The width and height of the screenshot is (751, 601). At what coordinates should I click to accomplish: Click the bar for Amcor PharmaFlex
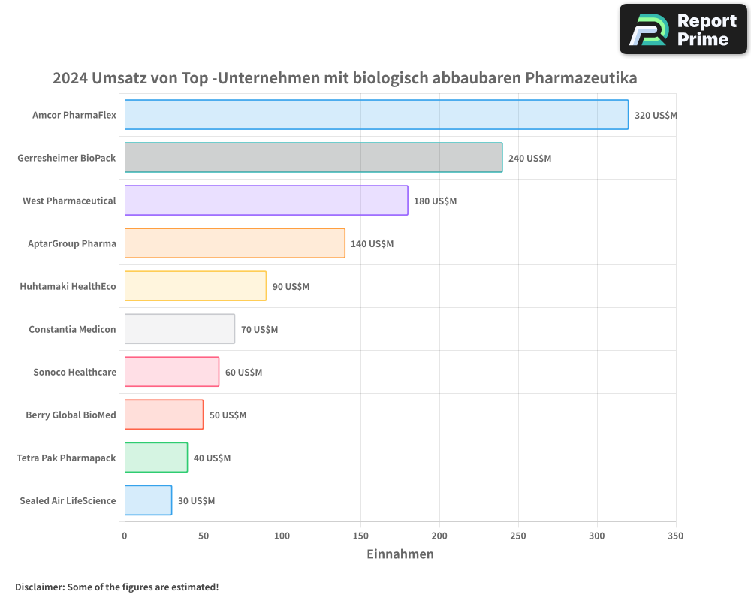(x=375, y=115)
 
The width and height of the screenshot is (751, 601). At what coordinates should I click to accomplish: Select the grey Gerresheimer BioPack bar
(x=313, y=158)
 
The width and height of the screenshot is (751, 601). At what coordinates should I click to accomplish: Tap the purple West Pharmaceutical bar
(x=266, y=201)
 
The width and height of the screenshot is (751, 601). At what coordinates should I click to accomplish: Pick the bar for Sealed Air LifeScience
(x=148, y=500)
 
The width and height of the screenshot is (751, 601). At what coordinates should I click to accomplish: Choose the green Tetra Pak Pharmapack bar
(x=155, y=458)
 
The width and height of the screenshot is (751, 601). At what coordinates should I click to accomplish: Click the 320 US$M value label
(x=656, y=116)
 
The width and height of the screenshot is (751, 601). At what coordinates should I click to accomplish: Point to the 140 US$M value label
(x=372, y=244)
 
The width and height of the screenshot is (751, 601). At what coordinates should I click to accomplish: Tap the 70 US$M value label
(x=259, y=330)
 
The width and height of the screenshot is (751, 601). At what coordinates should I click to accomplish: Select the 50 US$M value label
(x=228, y=415)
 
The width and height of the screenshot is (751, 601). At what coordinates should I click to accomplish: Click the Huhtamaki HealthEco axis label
(x=68, y=286)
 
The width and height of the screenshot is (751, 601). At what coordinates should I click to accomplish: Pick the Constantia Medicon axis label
(x=72, y=329)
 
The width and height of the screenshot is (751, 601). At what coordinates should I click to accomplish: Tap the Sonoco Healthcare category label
(x=74, y=372)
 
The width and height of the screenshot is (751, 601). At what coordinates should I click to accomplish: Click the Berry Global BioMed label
(x=71, y=415)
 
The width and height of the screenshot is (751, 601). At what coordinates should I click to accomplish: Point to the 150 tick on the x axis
(x=360, y=536)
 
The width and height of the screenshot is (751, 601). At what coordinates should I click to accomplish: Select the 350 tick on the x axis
(x=675, y=536)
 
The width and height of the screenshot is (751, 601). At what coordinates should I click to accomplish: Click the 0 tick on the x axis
(x=125, y=536)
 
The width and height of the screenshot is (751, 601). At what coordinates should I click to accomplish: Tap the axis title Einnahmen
(x=400, y=554)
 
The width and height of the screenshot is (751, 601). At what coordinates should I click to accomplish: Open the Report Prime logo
(x=683, y=29)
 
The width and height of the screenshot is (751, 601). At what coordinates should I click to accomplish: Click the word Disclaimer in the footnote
(x=39, y=587)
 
